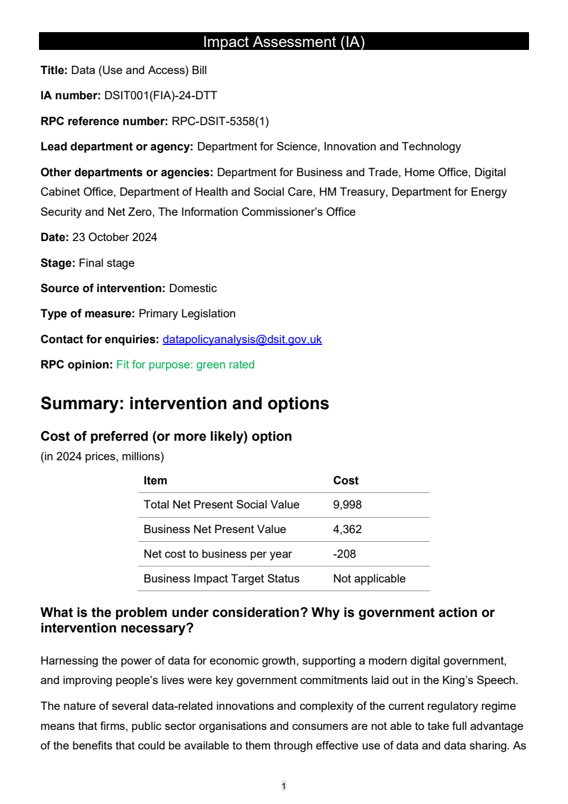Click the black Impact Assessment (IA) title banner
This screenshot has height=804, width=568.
(x=284, y=41)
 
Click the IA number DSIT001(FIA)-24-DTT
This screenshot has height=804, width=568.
(x=160, y=95)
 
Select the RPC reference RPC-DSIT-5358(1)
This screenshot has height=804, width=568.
(x=220, y=121)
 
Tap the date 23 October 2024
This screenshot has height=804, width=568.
(x=115, y=237)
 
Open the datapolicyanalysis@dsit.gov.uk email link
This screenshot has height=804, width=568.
(x=242, y=339)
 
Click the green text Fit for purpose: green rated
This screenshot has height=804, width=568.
(x=185, y=364)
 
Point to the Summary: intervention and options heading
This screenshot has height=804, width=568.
(x=185, y=403)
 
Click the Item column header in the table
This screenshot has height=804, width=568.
(x=155, y=480)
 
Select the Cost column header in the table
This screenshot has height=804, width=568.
(x=346, y=480)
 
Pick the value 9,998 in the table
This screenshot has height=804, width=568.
(x=347, y=504)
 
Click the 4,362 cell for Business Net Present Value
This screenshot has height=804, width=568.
(x=347, y=529)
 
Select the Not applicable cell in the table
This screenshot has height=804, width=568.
(x=369, y=578)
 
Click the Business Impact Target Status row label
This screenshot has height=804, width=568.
(x=221, y=578)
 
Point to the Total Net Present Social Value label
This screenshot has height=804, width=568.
(x=221, y=504)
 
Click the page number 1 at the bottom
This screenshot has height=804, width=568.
(x=284, y=786)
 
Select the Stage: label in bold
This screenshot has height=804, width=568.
(x=58, y=263)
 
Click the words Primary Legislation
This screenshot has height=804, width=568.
(x=187, y=313)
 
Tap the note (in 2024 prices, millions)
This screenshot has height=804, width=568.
(x=102, y=456)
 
